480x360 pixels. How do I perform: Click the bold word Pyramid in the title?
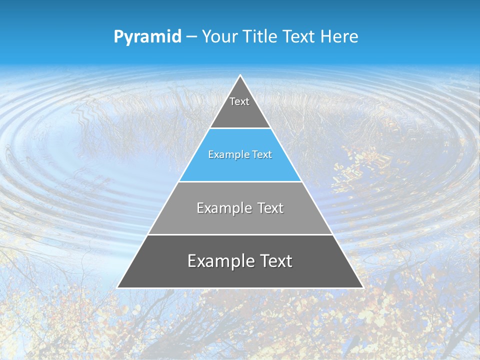147,37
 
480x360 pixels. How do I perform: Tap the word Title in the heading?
260,37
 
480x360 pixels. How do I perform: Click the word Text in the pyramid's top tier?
239,101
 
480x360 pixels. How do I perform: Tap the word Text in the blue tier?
262,155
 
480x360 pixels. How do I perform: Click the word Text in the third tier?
270,208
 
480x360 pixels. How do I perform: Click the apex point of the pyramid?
240,76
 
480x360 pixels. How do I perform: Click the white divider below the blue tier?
240,181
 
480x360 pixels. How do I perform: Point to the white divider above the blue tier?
240,128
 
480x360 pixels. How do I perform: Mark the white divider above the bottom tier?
240,234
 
